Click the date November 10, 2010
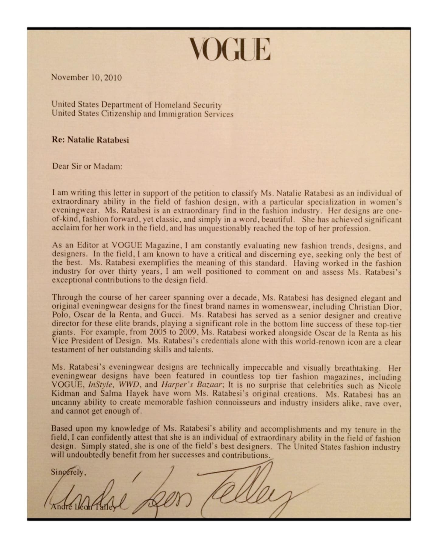pos(86,77)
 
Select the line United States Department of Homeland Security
pos(137,105)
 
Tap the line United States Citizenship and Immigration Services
pos(143,114)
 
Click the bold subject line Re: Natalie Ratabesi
pos(90,140)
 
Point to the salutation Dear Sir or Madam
pos(87,167)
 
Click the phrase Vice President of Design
pos(96,341)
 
